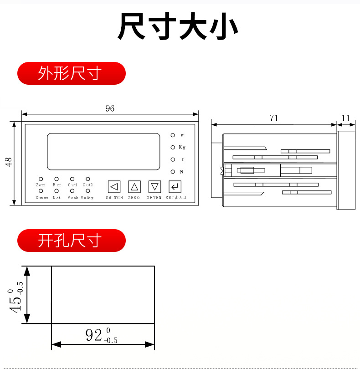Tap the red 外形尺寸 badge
click(71, 73)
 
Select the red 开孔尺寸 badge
click(71, 241)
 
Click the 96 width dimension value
click(110, 108)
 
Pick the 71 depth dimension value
click(273, 118)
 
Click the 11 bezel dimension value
click(346, 118)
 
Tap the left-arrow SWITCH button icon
click(114, 186)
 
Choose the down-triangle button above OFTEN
click(155, 186)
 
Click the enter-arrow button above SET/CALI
click(175, 186)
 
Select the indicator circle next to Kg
click(173, 147)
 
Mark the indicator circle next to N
click(173, 172)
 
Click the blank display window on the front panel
click(103, 151)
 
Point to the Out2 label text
click(87, 185)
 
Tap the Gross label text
click(42, 198)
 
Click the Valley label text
click(87, 198)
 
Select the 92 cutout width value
click(93, 336)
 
